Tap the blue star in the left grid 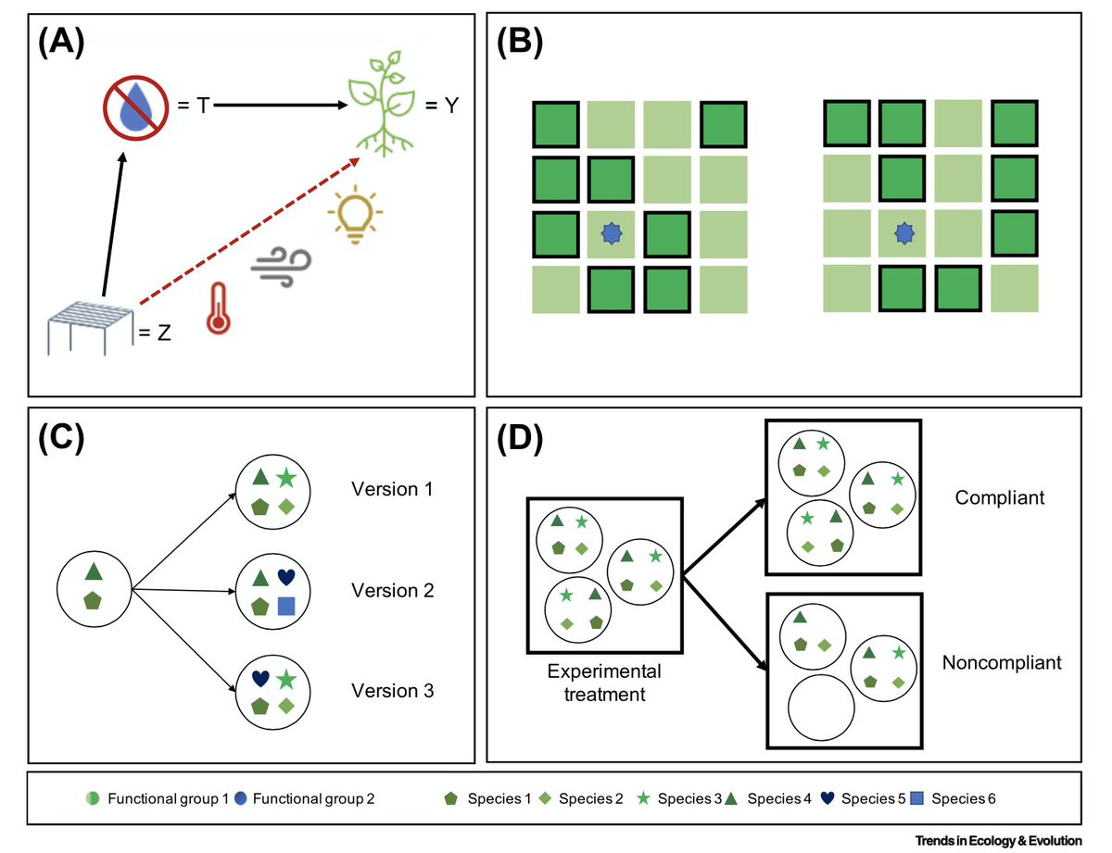coord(609,234)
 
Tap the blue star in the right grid coord(901,234)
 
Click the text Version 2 coord(392,590)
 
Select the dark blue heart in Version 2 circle coord(287,577)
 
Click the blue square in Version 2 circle coord(286,607)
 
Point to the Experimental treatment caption coord(604,683)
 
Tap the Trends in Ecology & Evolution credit coord(998,840)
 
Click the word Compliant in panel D coord(999,497)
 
